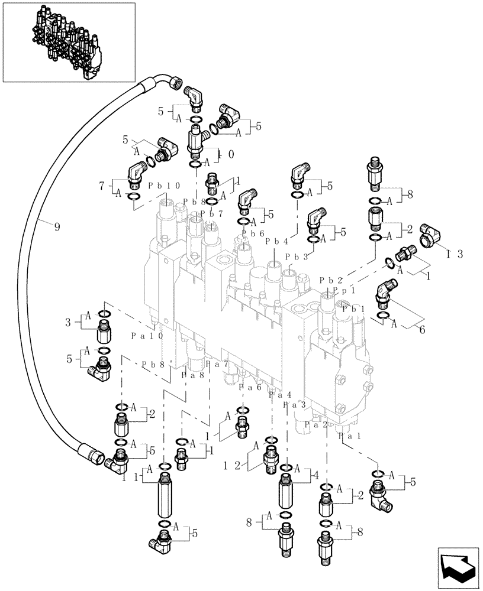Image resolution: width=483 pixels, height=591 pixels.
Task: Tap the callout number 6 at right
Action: (421, 330)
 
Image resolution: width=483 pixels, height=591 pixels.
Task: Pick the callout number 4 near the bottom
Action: (316, 475)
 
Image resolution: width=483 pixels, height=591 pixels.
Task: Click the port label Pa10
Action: (146, 335)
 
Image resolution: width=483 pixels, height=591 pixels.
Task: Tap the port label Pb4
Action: (276, 241)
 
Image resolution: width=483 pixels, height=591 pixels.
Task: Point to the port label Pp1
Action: (344, 291)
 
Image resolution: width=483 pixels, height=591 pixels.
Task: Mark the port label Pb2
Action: (331, 280)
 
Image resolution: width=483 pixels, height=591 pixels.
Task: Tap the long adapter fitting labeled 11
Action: (166, 498)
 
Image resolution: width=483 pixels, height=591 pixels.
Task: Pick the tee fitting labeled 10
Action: (197, 141)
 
